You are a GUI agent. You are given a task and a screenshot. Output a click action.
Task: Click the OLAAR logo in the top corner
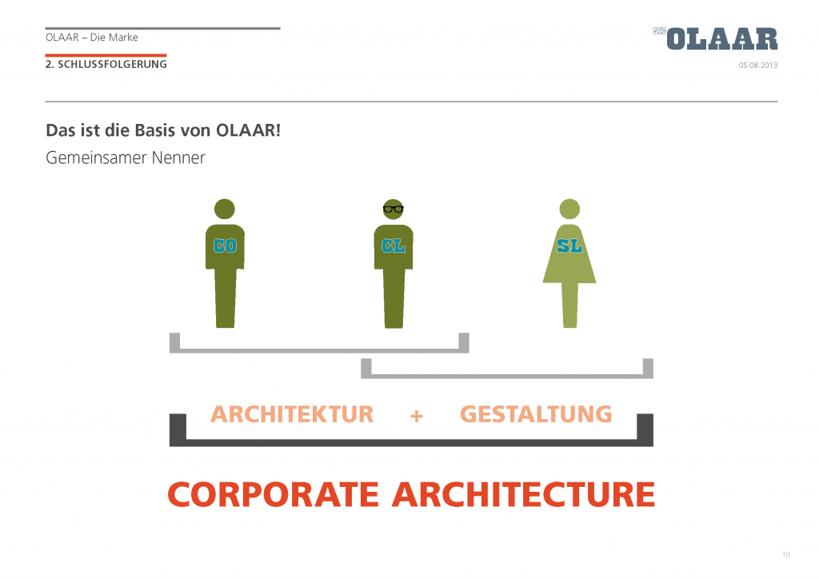tap(716, 39)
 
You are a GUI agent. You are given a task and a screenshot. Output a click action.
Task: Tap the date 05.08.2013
tap(758, 66)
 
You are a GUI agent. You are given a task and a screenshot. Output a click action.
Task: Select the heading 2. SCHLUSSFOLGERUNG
tap(106, 64)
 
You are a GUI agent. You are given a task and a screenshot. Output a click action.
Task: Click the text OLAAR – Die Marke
tap(92, 38)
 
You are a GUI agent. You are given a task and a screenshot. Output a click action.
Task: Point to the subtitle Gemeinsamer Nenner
tap(126, 158)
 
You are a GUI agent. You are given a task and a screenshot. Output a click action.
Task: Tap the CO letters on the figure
tap(225, 246)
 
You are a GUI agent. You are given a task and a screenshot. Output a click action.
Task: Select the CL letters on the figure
tap(394, 246)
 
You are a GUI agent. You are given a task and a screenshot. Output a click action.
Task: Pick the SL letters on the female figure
tap(569, 246)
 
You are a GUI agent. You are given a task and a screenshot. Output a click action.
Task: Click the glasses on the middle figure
tap(394, 210)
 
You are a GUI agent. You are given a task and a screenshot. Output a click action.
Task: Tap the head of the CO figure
tap(225, 210)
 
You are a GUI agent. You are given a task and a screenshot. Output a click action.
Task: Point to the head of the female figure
tap(569, 210)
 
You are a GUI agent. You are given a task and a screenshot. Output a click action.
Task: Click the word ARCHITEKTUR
tap(292, 414)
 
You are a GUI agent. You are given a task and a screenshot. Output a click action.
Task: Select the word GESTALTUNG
tap(536, 414)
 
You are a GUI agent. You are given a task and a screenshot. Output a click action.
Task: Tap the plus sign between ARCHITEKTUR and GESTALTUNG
tap(416, 416)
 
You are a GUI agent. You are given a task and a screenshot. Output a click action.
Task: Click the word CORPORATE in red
tap(274, 494)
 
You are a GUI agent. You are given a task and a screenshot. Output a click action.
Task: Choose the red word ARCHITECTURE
tap(524, 494)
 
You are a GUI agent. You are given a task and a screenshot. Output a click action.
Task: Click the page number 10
tap(786, 554)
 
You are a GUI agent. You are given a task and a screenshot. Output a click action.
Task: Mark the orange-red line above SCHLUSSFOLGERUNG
tap(106, 55)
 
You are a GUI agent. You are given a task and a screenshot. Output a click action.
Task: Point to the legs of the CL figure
tap(394, 298)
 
